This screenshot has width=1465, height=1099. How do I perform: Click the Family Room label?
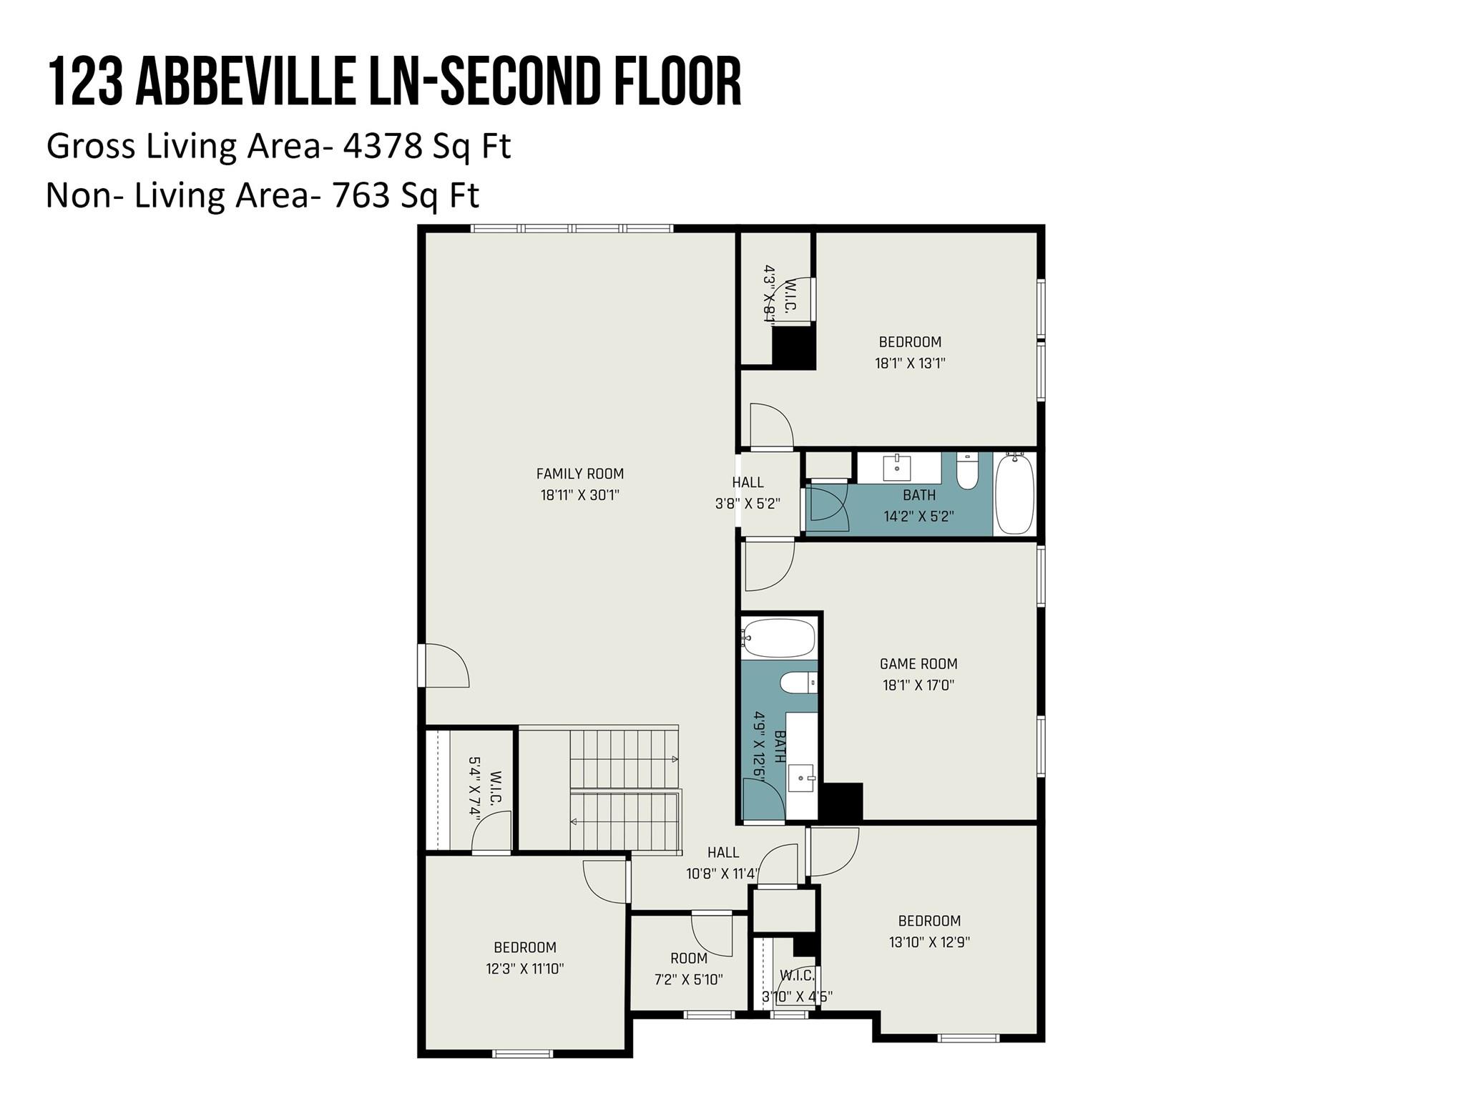pos(580,474)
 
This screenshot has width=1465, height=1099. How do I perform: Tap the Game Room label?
pos(918,664)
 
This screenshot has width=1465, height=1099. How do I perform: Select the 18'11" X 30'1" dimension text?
pos(580,495)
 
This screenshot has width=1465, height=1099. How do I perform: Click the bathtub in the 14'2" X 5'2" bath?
pos(1014,494)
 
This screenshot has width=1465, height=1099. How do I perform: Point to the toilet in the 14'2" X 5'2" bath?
pos(967,471)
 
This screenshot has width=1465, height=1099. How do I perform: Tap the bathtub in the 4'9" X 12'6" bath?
pos(778,638)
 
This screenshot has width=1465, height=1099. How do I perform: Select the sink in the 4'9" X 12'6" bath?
pos(801,777)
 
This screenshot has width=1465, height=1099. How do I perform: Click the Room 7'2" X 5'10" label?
pos(689,969)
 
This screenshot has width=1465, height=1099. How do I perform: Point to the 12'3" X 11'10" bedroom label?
pos(525,958)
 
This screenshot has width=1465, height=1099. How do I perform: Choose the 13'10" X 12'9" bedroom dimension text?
pos(929,942)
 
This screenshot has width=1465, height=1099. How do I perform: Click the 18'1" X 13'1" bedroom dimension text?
pos(910,363)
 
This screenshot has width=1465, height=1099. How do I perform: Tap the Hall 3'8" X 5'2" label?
pos(748,493)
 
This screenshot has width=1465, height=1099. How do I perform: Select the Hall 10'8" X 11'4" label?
pos(723,863)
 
